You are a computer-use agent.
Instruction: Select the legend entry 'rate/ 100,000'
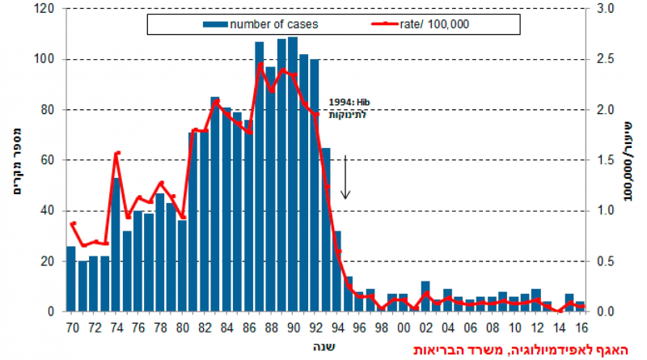click(x=440, y=24)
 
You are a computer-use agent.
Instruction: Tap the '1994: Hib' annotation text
click(x=349, y=103)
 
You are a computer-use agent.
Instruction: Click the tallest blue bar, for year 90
click(x=293, y=174)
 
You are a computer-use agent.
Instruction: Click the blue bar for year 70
click(x=71, y=278)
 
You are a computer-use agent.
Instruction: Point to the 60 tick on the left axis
click(x=47, y=160)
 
